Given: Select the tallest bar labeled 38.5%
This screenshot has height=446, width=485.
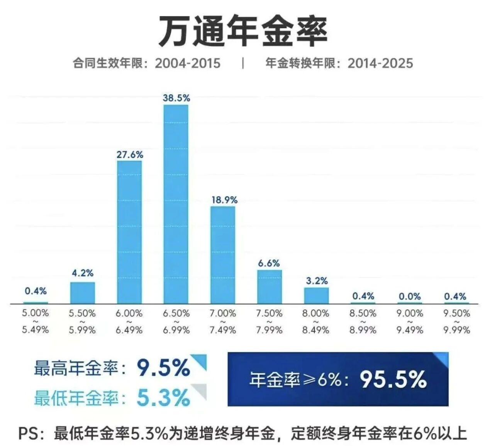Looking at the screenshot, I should pyautogui.click(x=176, y=204).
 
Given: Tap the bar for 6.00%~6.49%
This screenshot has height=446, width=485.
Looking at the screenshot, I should pyautogui.click(x=129, y=232).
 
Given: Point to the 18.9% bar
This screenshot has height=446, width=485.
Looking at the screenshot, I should pyautogui.click(x=223, y=255).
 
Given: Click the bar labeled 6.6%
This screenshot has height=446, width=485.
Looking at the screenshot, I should pyautogui.click(x=270, y=287).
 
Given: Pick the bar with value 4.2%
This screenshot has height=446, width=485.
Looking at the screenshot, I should pyautogui.click(x=82, y=293).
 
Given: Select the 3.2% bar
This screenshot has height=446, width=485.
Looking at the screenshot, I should pyautogui.click(x=316, y=295).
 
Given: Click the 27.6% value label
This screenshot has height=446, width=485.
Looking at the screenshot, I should pyautogui.click(x=130, y=155).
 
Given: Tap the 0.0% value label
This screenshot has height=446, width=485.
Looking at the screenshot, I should pyautogui.click(x=410, y=297).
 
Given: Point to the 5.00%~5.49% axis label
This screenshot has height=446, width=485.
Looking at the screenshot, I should pyautogui.click(x=35, y=321).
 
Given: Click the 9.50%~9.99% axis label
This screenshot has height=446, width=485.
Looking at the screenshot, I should pyautogui.click(x=456, y=321).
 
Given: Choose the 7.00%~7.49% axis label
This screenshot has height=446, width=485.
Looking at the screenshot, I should pyautogui.click(x=223, y=321).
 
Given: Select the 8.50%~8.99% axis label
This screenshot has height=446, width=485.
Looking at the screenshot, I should pyautogui.click(x=363, y=321).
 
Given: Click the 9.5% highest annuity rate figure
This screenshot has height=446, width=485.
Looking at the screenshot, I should pyautogui.click(x=163, y=368).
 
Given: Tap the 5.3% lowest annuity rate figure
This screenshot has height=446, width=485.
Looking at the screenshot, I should pyautogui.click(x=163, y=398).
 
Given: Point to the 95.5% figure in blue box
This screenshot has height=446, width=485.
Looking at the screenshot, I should pyautogui.click(x=393, y=379).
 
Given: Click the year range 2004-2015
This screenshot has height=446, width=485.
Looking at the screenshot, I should pyautogui.click(x=188, y=63).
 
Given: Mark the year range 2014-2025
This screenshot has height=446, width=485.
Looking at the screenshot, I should pyautogui.click(x=380, y=63).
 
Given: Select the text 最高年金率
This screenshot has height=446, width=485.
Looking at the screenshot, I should pyautogui.click(x=76, y=368).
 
